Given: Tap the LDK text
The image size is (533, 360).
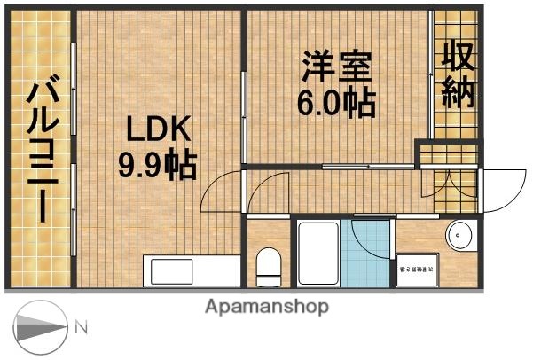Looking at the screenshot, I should (157, 130).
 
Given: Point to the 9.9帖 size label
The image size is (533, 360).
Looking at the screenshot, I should (157, 165).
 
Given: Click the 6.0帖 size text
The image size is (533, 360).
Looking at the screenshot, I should (335, 104).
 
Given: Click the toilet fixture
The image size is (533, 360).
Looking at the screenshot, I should (267, 265).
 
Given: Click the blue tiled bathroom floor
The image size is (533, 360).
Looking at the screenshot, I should (365, 257).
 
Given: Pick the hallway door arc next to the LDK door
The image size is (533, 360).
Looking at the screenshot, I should (267, 191).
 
